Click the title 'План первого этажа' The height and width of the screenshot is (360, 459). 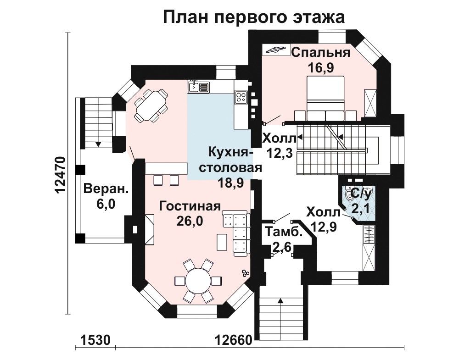click(x=253, y=17)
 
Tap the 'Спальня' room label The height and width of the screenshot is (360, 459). click(x=321, y=53)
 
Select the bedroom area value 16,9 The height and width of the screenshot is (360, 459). click(x=321, y=68)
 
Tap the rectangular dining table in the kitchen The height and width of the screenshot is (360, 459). click(x=151, y=105)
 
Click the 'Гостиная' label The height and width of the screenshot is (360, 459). click(x=190, y=206)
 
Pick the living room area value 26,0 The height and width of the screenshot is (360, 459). click(x=190, y=222)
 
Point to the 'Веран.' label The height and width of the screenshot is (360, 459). click(x=106, y=189)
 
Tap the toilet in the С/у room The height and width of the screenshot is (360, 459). click(x=349, y=194)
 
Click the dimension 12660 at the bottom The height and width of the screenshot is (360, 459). click(x=234, y=340)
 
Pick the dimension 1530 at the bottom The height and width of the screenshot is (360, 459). click(x=95, y=340)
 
